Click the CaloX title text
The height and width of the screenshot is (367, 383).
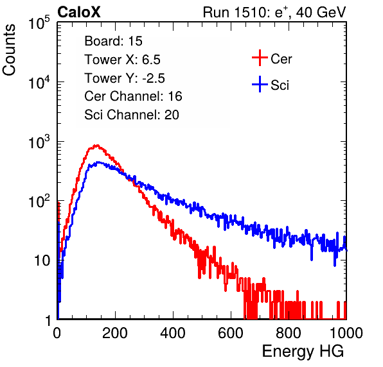point(79,12)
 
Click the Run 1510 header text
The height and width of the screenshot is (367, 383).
point(274,13)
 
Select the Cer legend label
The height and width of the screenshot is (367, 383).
point(281,59)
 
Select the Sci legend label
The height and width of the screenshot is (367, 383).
point(280,85)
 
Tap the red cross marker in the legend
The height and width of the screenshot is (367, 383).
point(260,58)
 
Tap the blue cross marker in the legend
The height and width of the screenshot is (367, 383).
point(260,84)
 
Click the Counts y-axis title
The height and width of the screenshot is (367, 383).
point(9,50)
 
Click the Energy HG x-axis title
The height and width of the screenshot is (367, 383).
point(303,352)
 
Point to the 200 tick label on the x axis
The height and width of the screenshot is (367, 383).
point(115,333)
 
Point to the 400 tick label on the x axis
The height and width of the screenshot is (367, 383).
point(173,333)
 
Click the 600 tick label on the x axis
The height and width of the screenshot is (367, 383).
point(231,333)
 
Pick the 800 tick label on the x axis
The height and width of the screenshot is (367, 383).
point(289,333)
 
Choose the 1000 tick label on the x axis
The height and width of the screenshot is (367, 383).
point(346,333)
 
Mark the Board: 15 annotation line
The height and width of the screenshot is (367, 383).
point(113,41)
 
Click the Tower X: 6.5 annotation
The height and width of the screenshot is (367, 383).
point(122,60)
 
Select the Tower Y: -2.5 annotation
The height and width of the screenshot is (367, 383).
point(125,78)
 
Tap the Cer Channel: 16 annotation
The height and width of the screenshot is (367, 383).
point(133,96)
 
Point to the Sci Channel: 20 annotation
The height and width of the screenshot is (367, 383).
point(132,115)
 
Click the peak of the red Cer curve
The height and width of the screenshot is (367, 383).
point(97,146)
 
